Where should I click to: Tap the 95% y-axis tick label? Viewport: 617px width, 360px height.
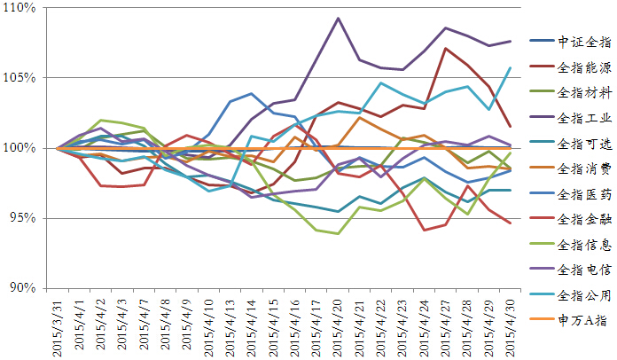tap(21, 218)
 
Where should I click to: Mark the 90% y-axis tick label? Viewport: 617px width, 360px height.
tap(21, 288)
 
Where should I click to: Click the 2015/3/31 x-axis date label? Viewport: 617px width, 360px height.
tap(59, 325)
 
